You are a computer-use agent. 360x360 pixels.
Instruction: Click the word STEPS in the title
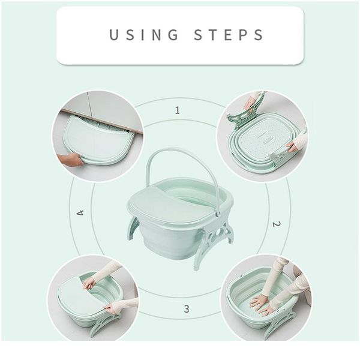click(229, 35)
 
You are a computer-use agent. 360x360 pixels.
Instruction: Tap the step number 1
click(177, 110)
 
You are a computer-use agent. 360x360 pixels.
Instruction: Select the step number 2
click(276, 224)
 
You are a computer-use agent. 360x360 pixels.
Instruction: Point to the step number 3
click(187, 309)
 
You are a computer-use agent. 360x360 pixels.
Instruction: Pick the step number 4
click(80, 212)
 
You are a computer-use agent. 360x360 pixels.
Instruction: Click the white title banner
click(180, 35)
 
